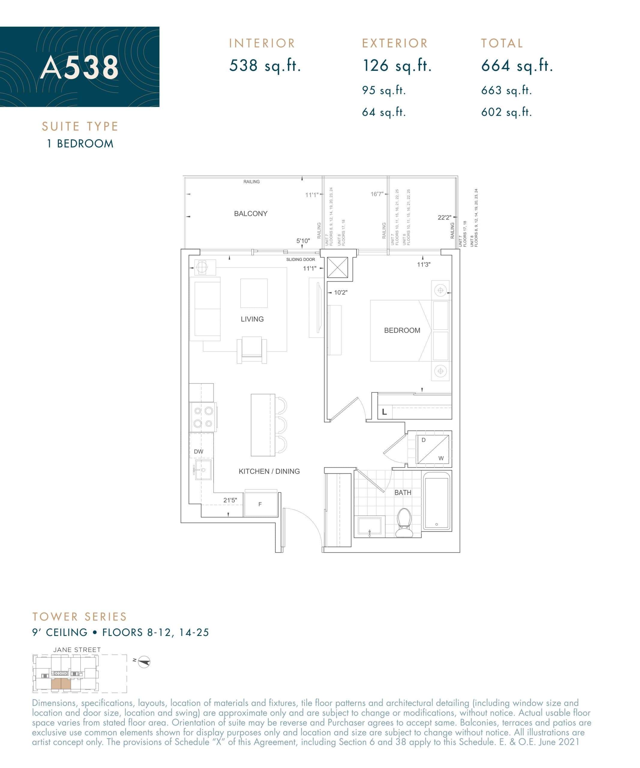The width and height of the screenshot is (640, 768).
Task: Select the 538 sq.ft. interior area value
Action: click(265, 66)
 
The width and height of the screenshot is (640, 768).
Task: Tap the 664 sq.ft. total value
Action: click(516, 66)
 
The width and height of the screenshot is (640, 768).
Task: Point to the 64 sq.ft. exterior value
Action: click(384, 112)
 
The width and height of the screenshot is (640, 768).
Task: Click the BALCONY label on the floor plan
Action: click(251, 214)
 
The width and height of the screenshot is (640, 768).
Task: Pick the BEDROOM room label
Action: click(402, 330)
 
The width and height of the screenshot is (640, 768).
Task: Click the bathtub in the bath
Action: click(436, 501)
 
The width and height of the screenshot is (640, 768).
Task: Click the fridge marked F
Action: click(260, 504)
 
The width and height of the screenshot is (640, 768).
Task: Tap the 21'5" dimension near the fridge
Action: click(230, 500)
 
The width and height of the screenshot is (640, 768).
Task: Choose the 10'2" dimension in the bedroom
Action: click(341, 292)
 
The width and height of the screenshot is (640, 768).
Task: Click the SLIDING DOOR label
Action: click(300, 259)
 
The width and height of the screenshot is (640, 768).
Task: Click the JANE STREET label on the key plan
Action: click(77, 650)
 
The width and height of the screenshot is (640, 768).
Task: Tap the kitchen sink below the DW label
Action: click(202, 469)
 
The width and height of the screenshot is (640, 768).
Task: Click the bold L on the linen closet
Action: click(384, 412)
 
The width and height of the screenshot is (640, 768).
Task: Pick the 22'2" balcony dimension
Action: click(444, 217)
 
